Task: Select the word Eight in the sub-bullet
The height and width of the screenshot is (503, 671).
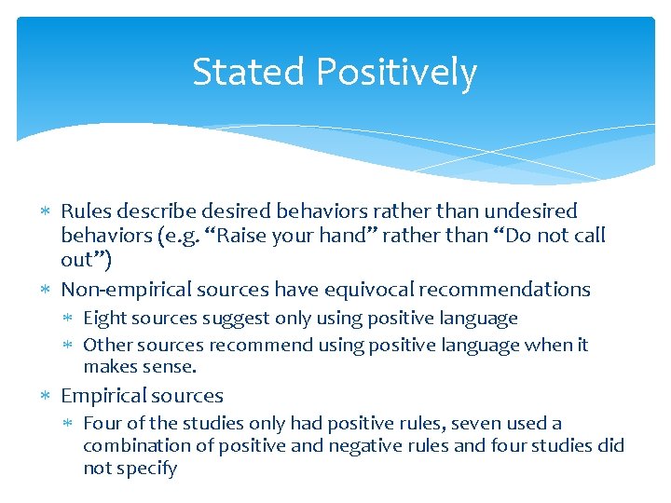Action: tap(105, 319)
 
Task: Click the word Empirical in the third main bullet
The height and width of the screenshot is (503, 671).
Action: tap(103, 396)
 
